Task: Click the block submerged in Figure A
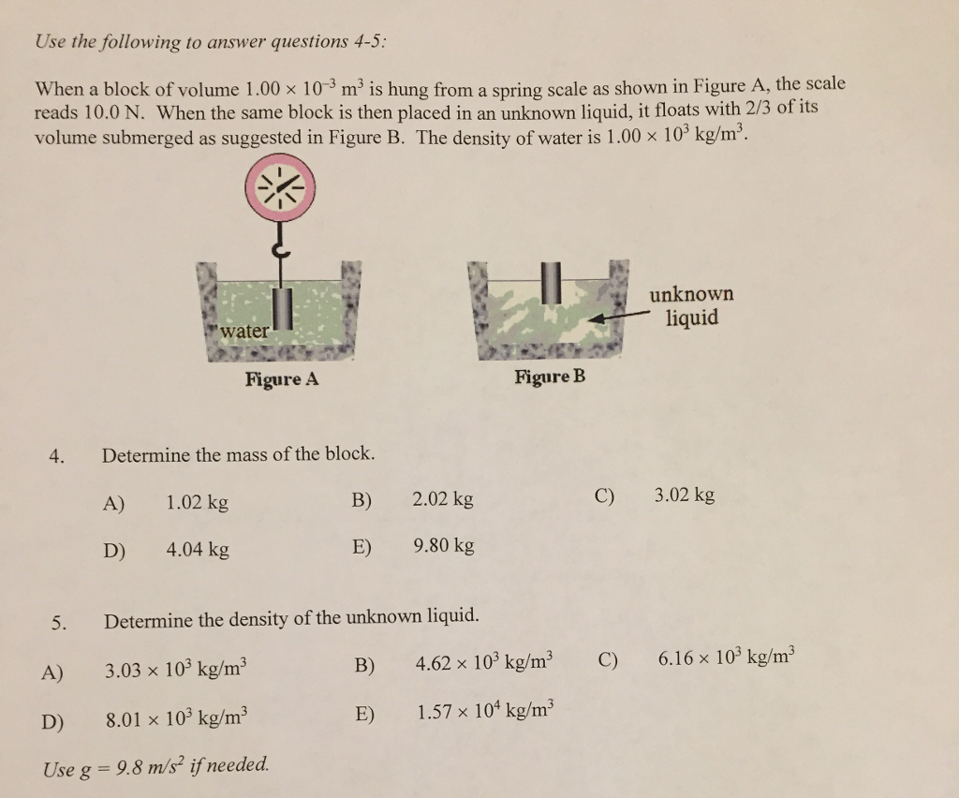[281, 308]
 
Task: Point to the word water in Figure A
[243, 331]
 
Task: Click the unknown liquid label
[692, 306]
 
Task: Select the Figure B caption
[550, 377]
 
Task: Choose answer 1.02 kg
[197, 502]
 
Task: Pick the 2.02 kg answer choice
[442, 499]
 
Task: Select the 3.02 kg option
[685, 494]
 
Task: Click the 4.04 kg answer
[197, 550]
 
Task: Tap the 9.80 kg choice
[443, 545]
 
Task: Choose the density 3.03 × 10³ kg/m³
[176, 671]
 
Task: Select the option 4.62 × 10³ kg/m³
[484, 664]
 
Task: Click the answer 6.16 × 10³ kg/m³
[727, 658]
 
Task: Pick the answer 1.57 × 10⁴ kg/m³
[486, 712]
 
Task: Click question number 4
[58, 457]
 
